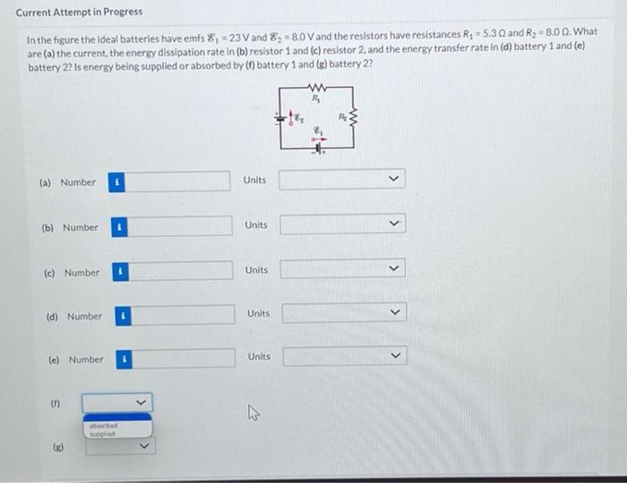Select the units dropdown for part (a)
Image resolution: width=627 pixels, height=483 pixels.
point(341,180)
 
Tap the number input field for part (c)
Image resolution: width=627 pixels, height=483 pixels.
point(181,272)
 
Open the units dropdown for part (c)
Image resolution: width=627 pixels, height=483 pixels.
point(343,268)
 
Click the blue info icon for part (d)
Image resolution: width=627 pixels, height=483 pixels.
point(124,316)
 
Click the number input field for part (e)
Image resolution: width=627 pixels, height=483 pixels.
point(185,359)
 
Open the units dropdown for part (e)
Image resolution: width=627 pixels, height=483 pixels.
point(345,357)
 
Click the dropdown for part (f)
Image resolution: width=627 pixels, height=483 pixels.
point(117,402)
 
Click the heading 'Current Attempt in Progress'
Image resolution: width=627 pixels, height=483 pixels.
point(79,13)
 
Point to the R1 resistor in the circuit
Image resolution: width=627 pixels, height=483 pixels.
point(315,87)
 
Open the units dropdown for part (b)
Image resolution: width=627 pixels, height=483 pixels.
point(342,224)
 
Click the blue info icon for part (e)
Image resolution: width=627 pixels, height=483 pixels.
point(125,360)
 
